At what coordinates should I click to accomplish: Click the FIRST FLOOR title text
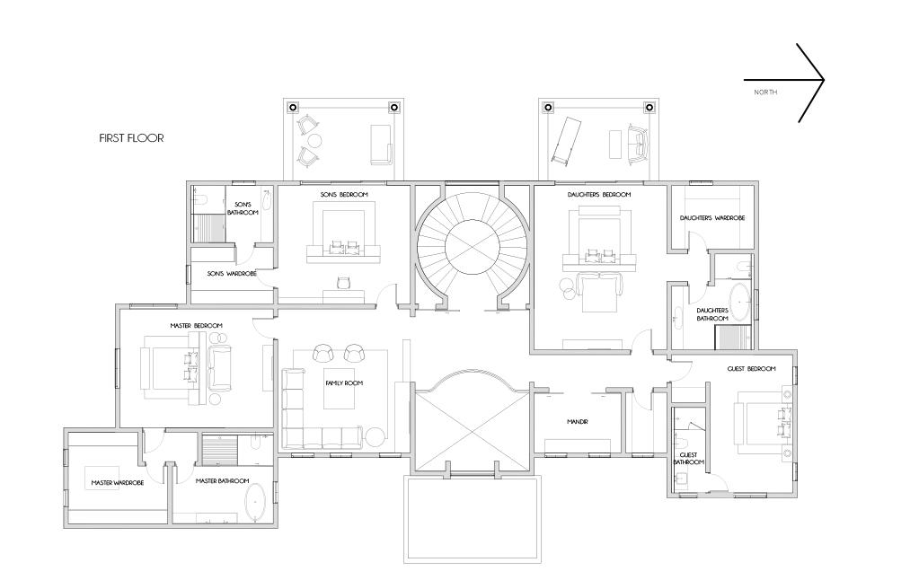[x=131, y=138]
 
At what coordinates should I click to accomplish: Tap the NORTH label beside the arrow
[x=765, y=92]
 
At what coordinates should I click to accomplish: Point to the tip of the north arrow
[x=824, y=80]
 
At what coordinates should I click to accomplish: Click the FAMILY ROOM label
[x=344, y=383]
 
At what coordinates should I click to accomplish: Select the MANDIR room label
[x=578, y=422]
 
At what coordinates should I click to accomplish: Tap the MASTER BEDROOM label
[x=197, y=326]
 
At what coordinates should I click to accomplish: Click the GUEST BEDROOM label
[x=751, y=369]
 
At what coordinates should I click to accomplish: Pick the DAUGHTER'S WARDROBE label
[x=712, y=218]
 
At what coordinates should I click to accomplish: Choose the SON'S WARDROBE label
[x=232, y=274]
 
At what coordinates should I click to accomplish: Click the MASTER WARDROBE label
[x=117, y=483]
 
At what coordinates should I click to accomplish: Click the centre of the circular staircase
[x=472, y=246]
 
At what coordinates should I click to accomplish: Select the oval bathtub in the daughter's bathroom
[x=739, y=303]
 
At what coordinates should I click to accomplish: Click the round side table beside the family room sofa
[x=376, y=437]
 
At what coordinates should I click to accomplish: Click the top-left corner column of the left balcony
[x=293, y=107]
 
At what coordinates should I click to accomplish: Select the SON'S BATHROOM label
[x=243, y=208]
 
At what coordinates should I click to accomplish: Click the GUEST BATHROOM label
[x=689, y=459]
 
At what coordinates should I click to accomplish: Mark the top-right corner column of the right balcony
[x=649, y=107]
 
